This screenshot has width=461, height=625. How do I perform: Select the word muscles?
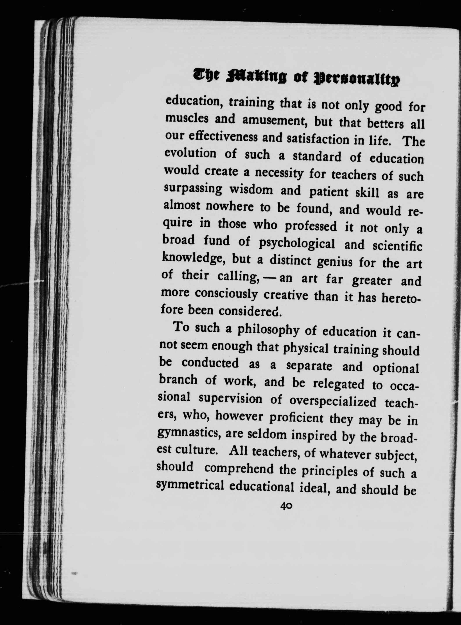tap(187, 118)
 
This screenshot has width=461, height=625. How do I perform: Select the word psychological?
tap(297, 243)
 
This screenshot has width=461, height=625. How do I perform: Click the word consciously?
tap(226, 294)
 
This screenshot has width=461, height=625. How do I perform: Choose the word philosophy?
tap(268, 330)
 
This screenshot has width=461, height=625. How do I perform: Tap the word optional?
tap(396, 368)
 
